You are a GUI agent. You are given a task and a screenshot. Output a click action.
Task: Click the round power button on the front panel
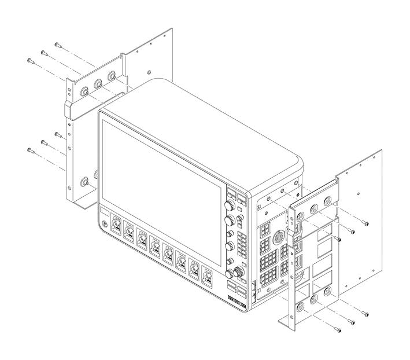coord(104,223)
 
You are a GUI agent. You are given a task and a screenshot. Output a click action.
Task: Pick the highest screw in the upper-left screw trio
coord(57,43)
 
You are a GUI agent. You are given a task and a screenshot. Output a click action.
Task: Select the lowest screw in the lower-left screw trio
coord(30,150)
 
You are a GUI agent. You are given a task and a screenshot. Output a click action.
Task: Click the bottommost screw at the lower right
coord(338,330)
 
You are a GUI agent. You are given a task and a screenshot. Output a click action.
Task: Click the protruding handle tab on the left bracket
coord(67,107)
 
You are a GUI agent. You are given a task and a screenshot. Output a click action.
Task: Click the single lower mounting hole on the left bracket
coord(85,182)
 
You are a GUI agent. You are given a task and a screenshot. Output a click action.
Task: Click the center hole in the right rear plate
coord(359,193)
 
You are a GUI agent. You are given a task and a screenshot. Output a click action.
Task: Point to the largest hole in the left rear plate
coord(149,72)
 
